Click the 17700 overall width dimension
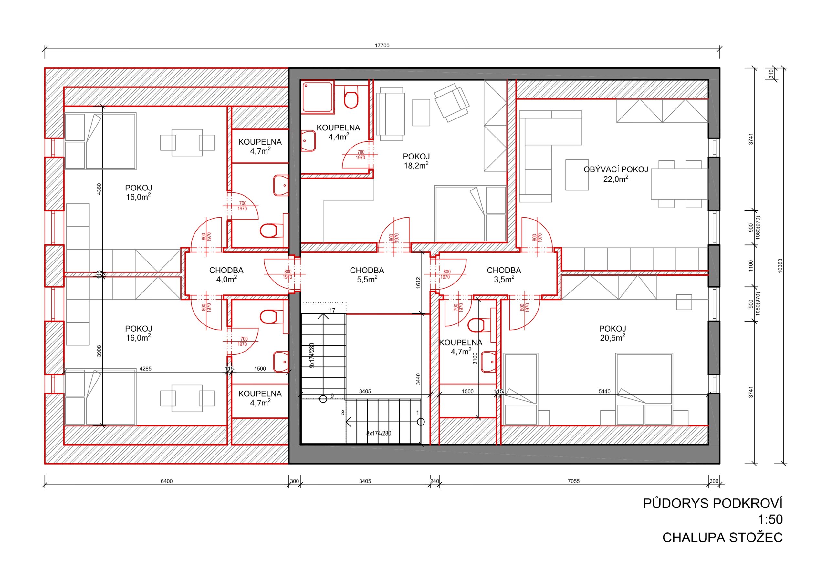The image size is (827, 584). (382, 46)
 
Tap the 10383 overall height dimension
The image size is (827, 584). (780, 266)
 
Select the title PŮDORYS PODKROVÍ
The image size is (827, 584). (713, 503)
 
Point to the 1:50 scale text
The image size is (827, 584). (770, 519)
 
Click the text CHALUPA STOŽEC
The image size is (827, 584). (723, 538)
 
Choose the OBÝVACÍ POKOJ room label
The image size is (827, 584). (616, 169)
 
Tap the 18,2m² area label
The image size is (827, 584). (416, 165)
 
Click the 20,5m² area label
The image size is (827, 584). (612, 337)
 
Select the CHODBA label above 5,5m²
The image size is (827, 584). (367, 270)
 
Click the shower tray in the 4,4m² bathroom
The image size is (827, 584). (318, 97)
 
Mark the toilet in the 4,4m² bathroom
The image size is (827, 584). (351, 97)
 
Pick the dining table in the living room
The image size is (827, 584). (680, 184)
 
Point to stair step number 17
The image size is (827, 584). (332, 310)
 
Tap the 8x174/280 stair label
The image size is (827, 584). (379, 433)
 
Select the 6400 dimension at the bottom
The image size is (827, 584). (167, 481)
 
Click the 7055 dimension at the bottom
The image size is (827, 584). (573, 481)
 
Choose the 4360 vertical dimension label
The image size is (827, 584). (99, 190)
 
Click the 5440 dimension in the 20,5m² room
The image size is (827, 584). (604, 391)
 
